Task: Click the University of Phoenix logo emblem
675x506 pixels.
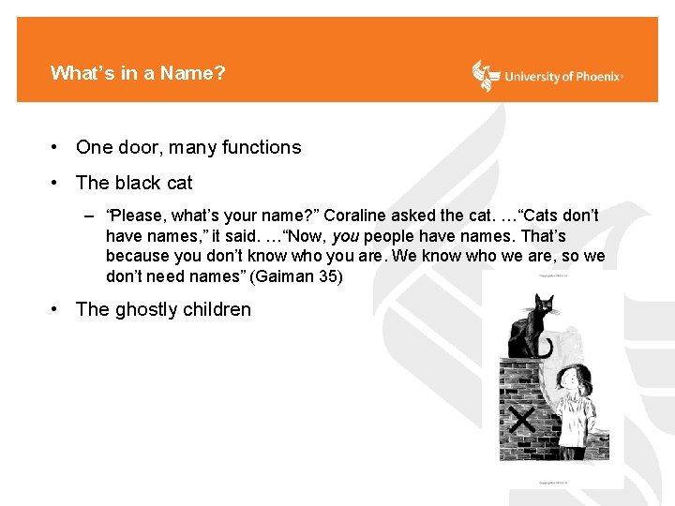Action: pos(486,75)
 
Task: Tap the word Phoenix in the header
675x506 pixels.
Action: pos(594,77)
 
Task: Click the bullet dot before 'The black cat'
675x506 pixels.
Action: pos(57,183)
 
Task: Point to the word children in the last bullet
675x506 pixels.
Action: pos(222,309)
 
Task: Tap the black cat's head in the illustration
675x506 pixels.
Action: pos(544,306)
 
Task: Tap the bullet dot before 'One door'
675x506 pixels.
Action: pos(57,147)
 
